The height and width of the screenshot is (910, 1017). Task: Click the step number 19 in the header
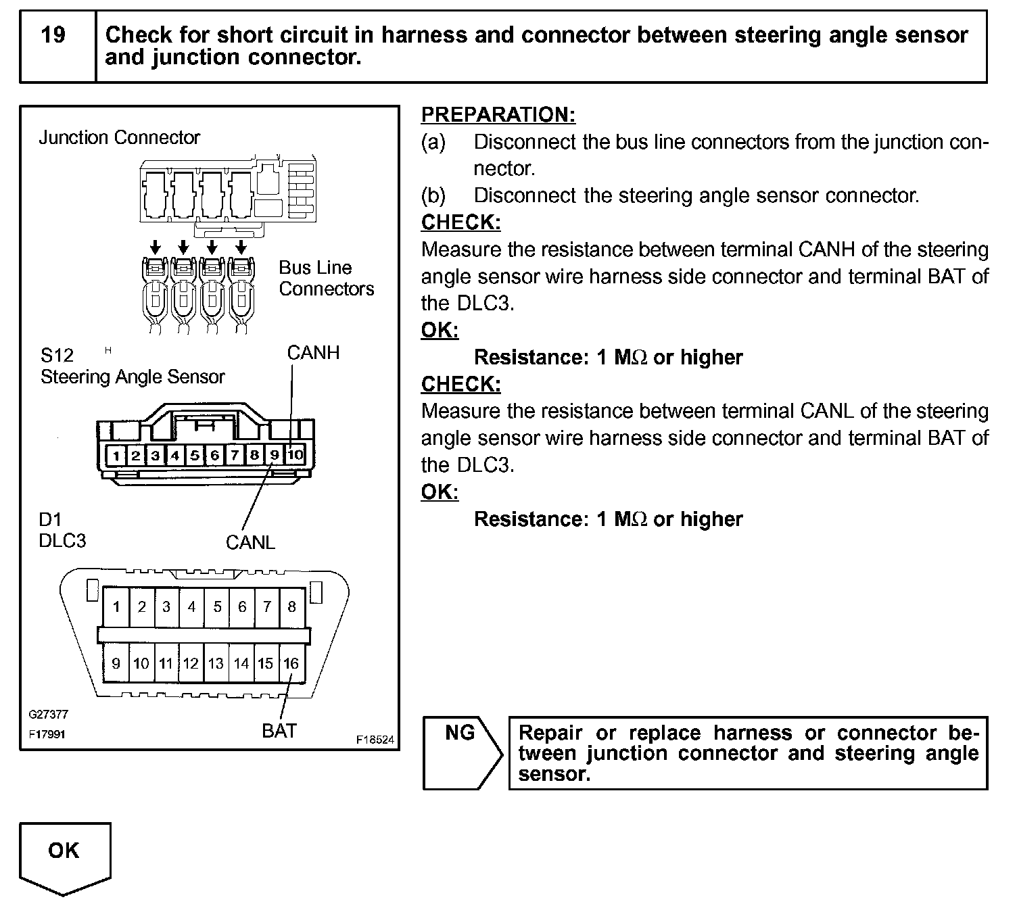53,35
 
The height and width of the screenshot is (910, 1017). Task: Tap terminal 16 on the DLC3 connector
291,663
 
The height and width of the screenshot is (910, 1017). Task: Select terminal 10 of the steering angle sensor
295,455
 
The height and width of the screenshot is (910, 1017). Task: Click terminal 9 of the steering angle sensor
275,455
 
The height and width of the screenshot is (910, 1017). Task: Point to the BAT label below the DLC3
279,731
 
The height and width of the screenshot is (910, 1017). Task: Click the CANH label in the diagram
313,353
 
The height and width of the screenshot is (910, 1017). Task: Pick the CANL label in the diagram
250,542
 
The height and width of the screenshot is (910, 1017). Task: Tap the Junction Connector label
119,138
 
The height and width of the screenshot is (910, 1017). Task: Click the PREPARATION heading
498,115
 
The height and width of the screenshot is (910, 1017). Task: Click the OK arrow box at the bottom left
64,856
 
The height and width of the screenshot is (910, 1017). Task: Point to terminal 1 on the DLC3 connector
116,606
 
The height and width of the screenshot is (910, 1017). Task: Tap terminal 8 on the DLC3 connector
291,606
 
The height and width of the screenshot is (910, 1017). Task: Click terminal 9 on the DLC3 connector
116,663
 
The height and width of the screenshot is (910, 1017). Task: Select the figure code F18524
375,740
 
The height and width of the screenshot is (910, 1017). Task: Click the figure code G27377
48,714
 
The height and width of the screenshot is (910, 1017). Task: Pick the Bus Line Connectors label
326,278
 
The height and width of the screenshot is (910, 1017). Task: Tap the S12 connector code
57,355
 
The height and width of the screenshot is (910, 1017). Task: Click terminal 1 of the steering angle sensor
116,455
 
